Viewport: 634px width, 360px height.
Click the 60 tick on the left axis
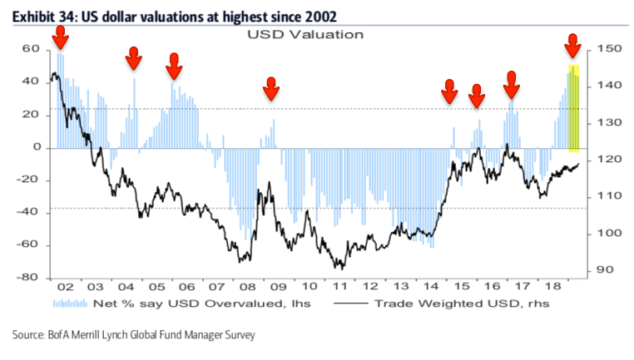click(x=30, y=49)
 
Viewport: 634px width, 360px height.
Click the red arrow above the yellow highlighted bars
click(x=572, y=46)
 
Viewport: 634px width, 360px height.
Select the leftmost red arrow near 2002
click(x=59, y=37)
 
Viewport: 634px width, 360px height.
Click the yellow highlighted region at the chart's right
click(x=573, y=108)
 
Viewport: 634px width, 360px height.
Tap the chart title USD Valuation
click(x=305, y=35)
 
